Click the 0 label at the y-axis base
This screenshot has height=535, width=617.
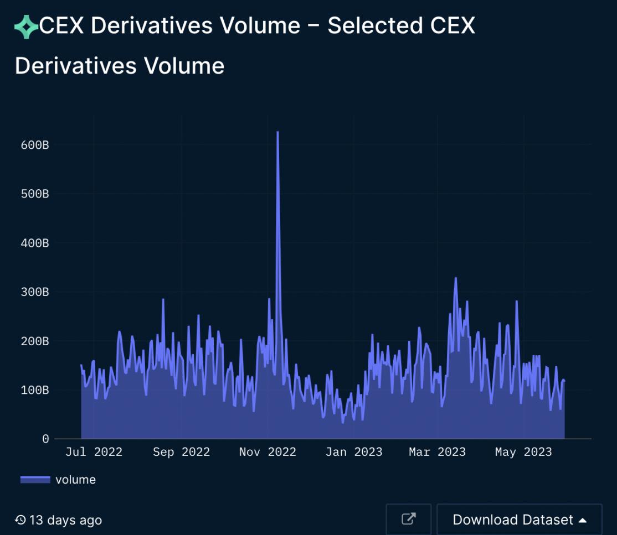click(45, 439)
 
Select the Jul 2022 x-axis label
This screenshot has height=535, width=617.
click(94, 452)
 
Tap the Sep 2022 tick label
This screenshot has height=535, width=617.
click(181, 452)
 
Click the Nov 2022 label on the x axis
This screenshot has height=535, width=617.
click(268, 452)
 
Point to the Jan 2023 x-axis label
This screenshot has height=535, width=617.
click(353, 452)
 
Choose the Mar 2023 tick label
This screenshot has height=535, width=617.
click(437, 452)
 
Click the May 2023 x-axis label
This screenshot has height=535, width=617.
click(523, 452)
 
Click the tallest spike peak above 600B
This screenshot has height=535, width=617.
click(277, 132)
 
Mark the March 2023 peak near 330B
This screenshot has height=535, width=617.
click(456, 278)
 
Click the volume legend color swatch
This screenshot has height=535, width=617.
click(35, 480)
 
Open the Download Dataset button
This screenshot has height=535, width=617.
click(519, 520)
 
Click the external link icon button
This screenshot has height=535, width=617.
click(408, 520)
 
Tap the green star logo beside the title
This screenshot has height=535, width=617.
click(25, 27)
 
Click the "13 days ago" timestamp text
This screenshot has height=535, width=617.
click(59, 520)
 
